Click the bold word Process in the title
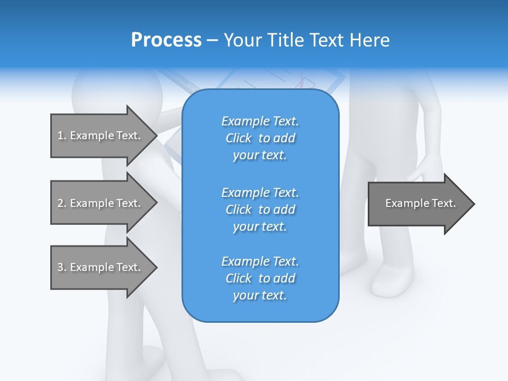pos(166,40)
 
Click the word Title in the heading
pos(285,40)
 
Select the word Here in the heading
pos(370,40)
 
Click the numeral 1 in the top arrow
pos(60,135)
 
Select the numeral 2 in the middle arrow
pos(60,203)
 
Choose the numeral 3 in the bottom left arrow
pos(60,267)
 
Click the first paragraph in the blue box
pos(260,138)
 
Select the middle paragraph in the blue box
pos(260,210)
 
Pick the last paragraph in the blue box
pos(260,278)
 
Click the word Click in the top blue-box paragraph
pos(239,139)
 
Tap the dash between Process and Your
pos(212,41)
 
